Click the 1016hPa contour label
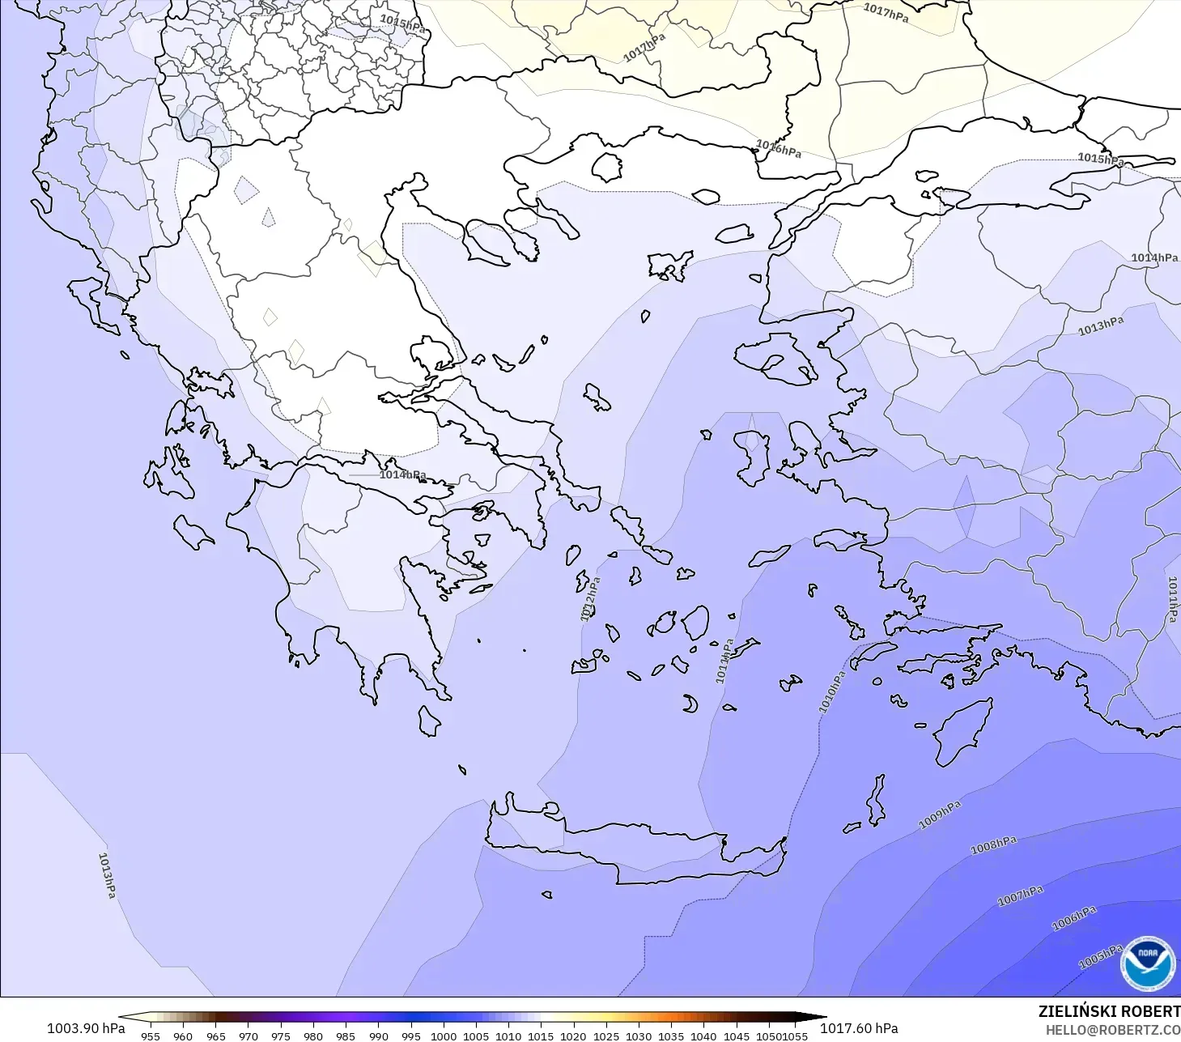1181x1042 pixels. point(778,149)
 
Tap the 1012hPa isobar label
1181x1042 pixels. point(590,598)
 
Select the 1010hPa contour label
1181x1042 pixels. point(831,692)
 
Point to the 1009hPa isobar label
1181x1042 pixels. point(939,814)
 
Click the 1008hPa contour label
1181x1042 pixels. point(993,845)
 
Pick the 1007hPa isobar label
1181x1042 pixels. point(1020,895)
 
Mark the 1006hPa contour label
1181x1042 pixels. point(1073,918)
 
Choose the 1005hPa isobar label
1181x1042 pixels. point(1100,957)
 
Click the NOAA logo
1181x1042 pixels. point(1147,964)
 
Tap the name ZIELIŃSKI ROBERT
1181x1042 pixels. point(1109,1011)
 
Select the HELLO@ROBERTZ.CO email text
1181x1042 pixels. point(1112,1030)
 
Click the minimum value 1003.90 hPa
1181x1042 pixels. point(86,1028)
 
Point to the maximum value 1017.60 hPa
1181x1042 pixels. point(859,1028)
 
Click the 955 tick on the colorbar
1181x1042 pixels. point(151,1036)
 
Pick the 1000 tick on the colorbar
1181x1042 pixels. point(443,1036)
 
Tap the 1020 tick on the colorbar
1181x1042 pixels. point(573,1036)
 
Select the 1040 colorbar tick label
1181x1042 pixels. point(703,1036)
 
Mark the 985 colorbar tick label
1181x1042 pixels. point(346,1036)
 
